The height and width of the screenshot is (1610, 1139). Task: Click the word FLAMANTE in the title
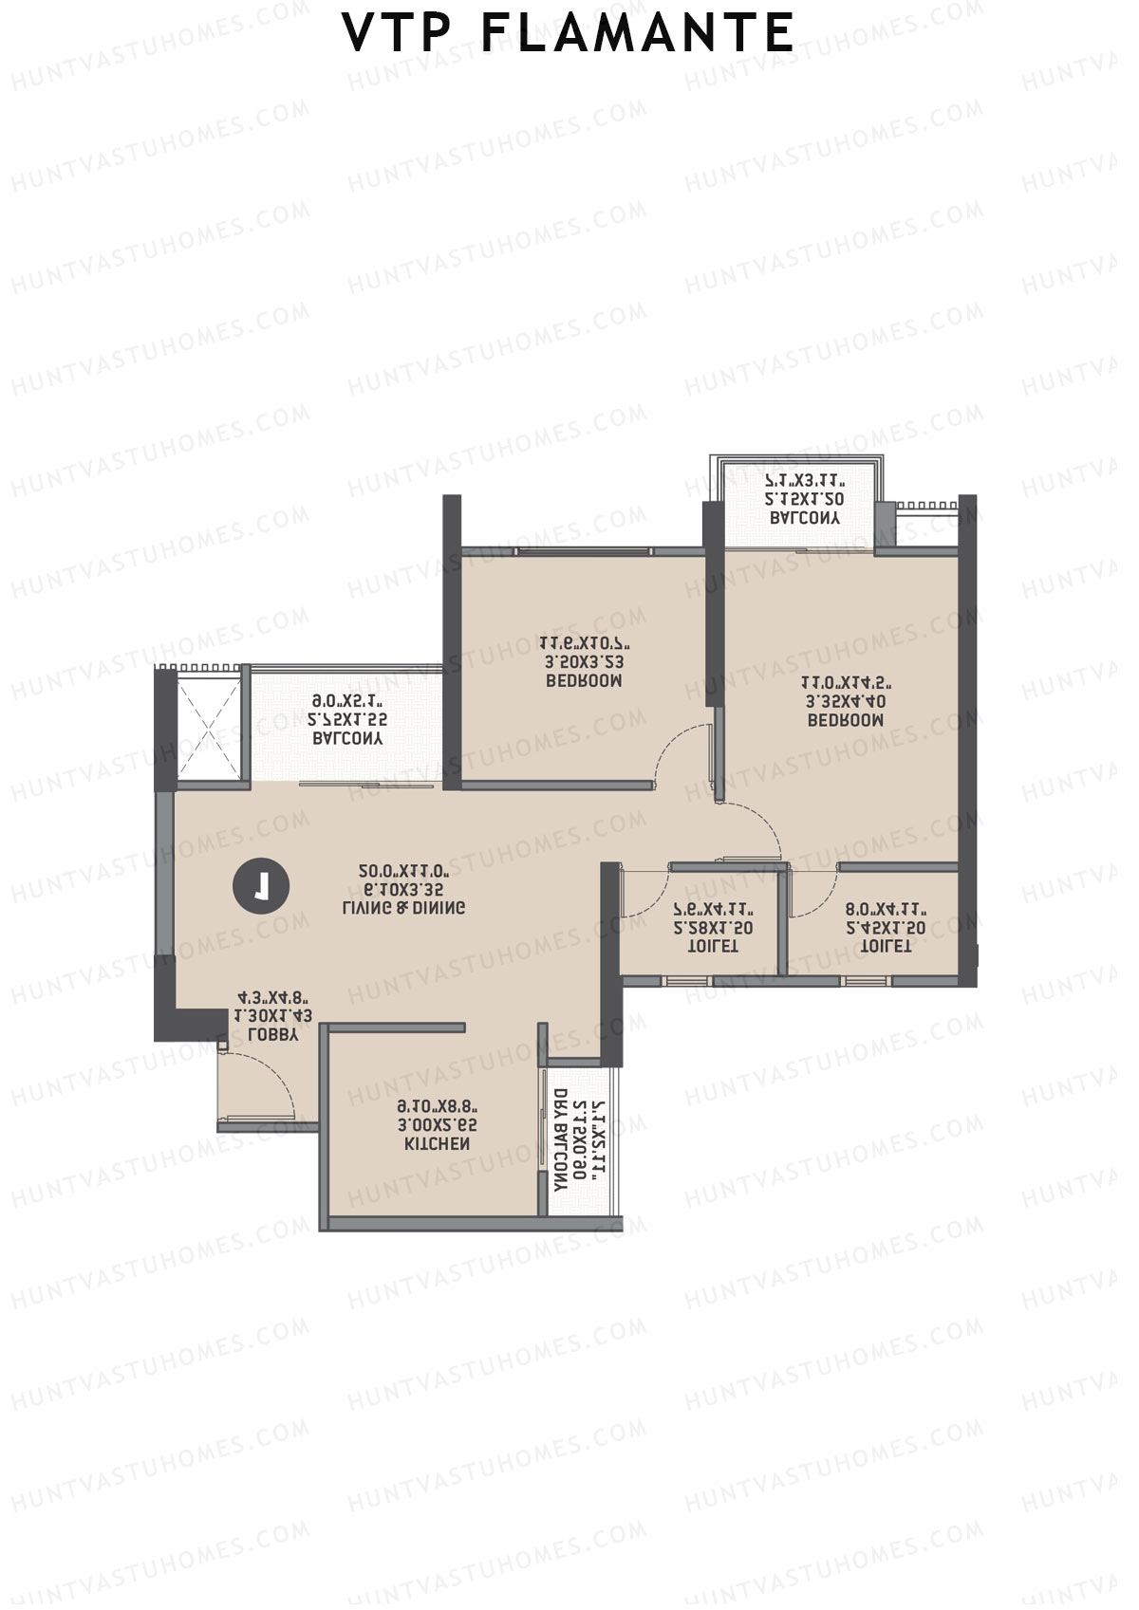[637, 34]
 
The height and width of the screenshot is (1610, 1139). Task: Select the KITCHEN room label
[438, 1144]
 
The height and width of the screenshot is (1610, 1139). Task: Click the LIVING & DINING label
[403, 908]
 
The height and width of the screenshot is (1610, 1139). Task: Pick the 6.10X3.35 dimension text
[403, 890]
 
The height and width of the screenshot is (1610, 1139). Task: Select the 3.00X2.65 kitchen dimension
[438, 1125]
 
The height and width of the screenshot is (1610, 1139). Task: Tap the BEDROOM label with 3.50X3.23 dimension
[584, 681]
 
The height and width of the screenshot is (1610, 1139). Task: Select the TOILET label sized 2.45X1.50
[885, 946]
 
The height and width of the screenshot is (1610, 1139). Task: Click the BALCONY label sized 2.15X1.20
[805, 518]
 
